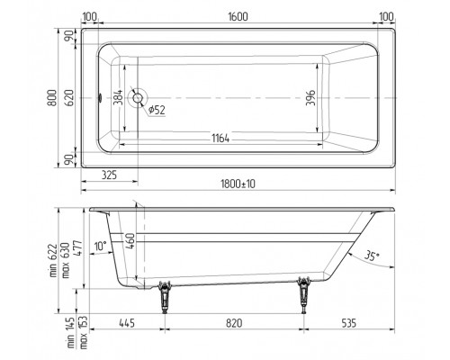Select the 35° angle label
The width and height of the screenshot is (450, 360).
point(372,256)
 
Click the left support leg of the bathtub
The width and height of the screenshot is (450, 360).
point(164,297)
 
